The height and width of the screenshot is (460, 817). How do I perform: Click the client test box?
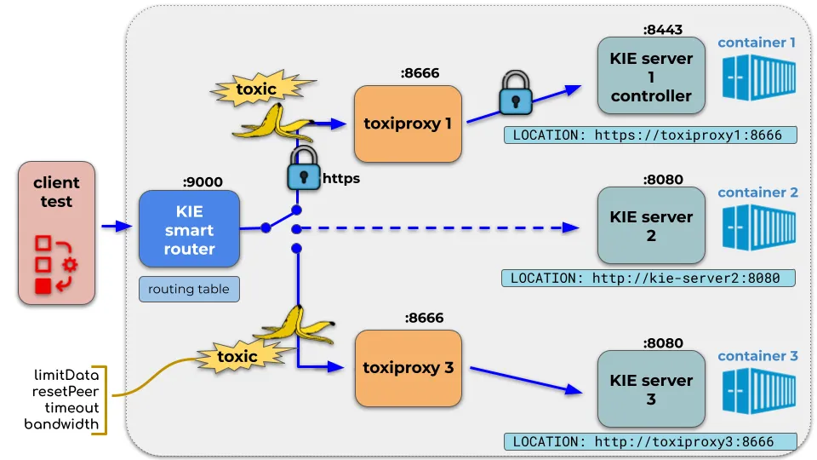click(x=56, y=233)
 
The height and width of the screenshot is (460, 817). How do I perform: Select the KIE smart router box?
click(x=189, y=229)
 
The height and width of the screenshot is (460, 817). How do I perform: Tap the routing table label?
click(x=189, y=289)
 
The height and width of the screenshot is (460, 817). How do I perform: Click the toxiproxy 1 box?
click(x=408, y=124)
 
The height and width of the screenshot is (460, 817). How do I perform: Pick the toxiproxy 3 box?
click(x=408, y=368)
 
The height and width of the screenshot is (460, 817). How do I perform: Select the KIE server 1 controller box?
click(x=651, y=76)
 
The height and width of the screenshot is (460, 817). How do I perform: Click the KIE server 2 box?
click(x=651, y=225)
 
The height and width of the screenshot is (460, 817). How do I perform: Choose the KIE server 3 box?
click(x=651, y=389)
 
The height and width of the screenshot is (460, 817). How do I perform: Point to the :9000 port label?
click(x=203, y=182)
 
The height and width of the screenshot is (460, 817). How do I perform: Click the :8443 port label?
click(x=663, y=30)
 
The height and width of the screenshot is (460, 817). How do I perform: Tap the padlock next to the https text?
click(x=304, y=168)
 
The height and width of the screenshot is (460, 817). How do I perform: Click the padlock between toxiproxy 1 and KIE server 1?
click(x=516, y=93)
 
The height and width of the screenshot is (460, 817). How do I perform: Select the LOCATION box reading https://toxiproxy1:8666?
click(x=650, y=135)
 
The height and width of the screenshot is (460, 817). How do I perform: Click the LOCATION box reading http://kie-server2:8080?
click(x=648, y=278)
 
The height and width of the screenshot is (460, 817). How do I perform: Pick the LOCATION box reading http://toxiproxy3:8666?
click(x=650, y=442)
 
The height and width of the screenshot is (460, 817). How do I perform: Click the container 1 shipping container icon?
click(x=759, y=78)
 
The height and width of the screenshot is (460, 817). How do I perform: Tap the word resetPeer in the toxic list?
click(x=66, y=391)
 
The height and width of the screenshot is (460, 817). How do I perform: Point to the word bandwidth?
click(x=61, y=424)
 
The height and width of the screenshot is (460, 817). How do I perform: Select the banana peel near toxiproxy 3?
click(x=294, y=326)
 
